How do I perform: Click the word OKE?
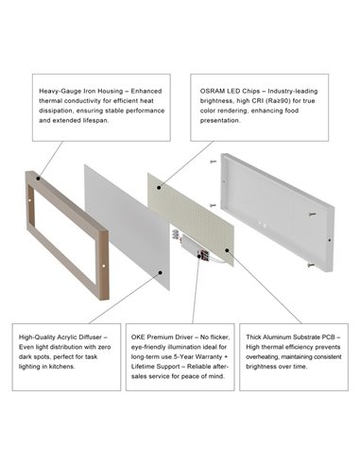[x=143, y=336]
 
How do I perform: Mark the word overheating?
[x=259, y=357]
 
